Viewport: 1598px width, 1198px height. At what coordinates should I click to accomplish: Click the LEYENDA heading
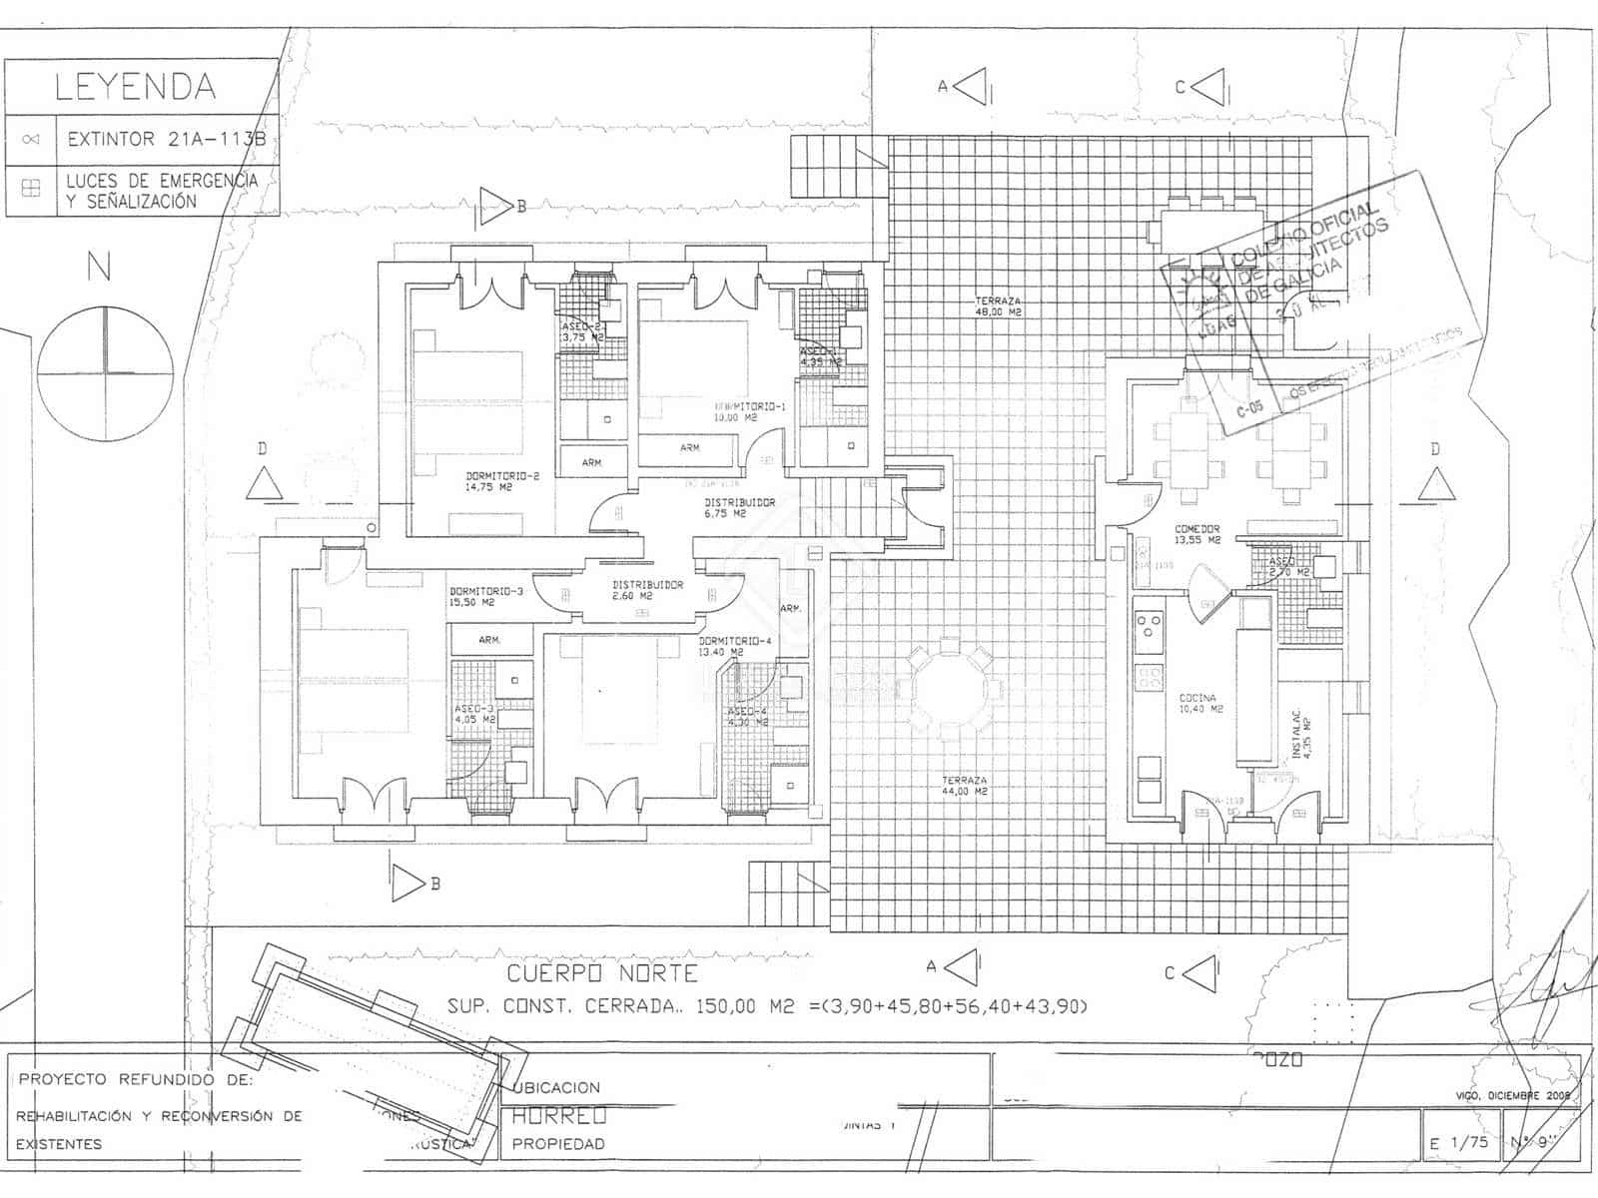[135, 87]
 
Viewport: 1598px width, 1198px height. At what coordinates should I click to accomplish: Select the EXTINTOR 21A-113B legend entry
[166, 140]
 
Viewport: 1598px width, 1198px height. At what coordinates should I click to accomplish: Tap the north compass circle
[105, 373]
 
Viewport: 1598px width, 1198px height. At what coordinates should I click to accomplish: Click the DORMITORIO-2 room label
[502, 482]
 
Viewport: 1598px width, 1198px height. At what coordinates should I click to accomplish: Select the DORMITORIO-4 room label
[735, 646]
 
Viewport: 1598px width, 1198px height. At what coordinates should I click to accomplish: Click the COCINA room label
[1198, 703]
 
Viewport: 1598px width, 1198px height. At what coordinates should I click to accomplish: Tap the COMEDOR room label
[1198, 534]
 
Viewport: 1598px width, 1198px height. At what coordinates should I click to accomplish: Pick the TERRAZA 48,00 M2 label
[998, 306]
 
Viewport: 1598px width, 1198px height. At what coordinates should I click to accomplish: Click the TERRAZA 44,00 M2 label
[964, 786]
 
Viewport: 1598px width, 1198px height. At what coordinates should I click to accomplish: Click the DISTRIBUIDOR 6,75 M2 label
[739, 508]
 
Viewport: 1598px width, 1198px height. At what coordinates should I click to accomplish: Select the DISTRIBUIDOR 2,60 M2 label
[647, 590]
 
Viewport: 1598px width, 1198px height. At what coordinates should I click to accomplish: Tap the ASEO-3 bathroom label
[474, 714]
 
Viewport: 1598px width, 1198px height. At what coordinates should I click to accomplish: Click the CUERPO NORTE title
[602, 973]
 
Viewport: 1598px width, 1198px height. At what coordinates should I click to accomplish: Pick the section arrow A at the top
[971, 87]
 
